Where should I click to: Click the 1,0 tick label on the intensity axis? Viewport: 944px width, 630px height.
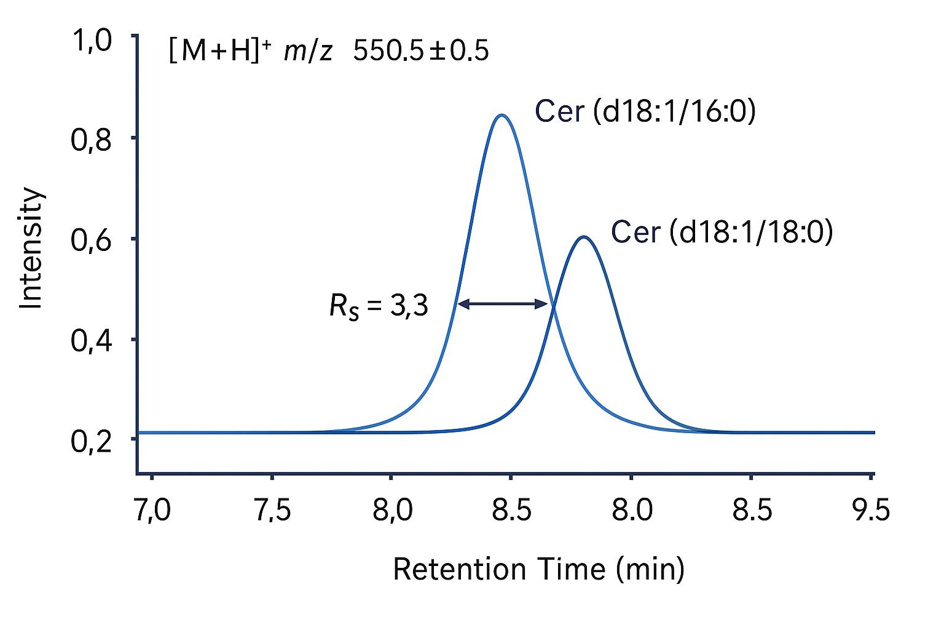pyautogui.click(x=92, y=42)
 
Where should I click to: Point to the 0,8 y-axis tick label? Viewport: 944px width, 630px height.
pyautogui.click(x=92, y=140)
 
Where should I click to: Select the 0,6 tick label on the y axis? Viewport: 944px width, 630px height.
pyautogui.click(x=92, y=241)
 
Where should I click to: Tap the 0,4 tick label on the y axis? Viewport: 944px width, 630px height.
pyautogui.click(x=92, y=341)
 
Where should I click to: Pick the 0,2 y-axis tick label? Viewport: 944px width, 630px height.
pyautogui.click(x=92, y=441)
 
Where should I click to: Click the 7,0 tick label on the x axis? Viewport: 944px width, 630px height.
pyautogui.click(x=152, y=511)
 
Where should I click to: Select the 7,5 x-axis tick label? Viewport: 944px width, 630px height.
pyautogui.click(x=272, y=511)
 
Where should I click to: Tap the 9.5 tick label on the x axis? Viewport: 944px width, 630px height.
pyautogui.click(x=871, y=511)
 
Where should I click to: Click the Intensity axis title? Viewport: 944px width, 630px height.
pyautogui.click(x=31, y=249)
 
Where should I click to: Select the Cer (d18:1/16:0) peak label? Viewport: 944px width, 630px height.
pyautogui.click(x=645, y=112)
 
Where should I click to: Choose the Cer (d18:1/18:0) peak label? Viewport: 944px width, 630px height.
pyautogui.click(x=722, y=233)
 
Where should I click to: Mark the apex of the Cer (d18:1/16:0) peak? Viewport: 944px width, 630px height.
pyautogui.click(x=502, y=115)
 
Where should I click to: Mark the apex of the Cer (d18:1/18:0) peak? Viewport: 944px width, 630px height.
pyautogui.click(x=583, y=237)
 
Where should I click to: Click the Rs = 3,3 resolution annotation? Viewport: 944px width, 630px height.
pyautogui.click(x=379, y=306)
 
